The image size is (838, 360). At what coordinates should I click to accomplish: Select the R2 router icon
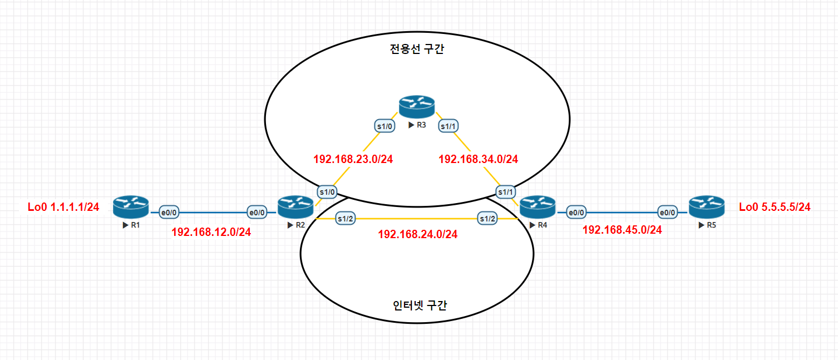tap(295, 206)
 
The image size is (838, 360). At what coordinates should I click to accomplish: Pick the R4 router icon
tap(538, 206)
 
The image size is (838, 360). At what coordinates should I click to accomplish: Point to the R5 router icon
tap(706, 206)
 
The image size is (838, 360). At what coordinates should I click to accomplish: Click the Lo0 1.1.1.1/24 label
tap(63, 208)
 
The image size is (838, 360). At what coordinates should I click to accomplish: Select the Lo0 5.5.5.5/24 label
tap(775, 208)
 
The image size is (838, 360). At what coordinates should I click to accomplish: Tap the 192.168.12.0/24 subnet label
tap(211, 232)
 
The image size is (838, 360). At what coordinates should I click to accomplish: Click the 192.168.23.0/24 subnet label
tap(353, 159)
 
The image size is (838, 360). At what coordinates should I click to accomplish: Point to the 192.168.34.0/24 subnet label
tap(479, 159)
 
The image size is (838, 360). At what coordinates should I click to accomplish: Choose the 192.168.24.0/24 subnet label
tap(417, 234)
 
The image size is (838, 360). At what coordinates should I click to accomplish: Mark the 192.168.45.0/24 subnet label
tap(622, 230)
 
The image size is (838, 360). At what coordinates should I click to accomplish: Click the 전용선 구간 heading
tap(417, 50)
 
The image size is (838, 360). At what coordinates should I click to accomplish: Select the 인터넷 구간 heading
tap(420, 305)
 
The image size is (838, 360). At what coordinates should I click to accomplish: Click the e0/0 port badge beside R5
tap(667, 212)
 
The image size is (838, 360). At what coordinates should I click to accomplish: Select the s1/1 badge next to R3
tap(449, 126)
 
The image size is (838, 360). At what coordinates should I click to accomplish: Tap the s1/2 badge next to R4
tap(488, 219)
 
